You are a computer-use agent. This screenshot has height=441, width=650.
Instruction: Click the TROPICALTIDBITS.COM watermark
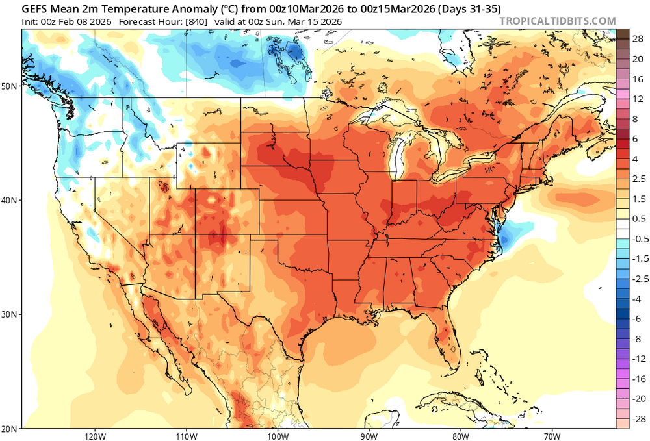click(x=557, y=21)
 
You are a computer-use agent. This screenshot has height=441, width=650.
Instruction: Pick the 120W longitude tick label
click(x=95, y=436)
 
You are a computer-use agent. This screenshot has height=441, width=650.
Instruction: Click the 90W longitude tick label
click(x=369, y=436)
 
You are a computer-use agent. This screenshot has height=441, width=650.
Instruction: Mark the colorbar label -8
click(x=638, y=338)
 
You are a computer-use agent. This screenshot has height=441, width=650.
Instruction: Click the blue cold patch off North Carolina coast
click(x=506, y=233)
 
